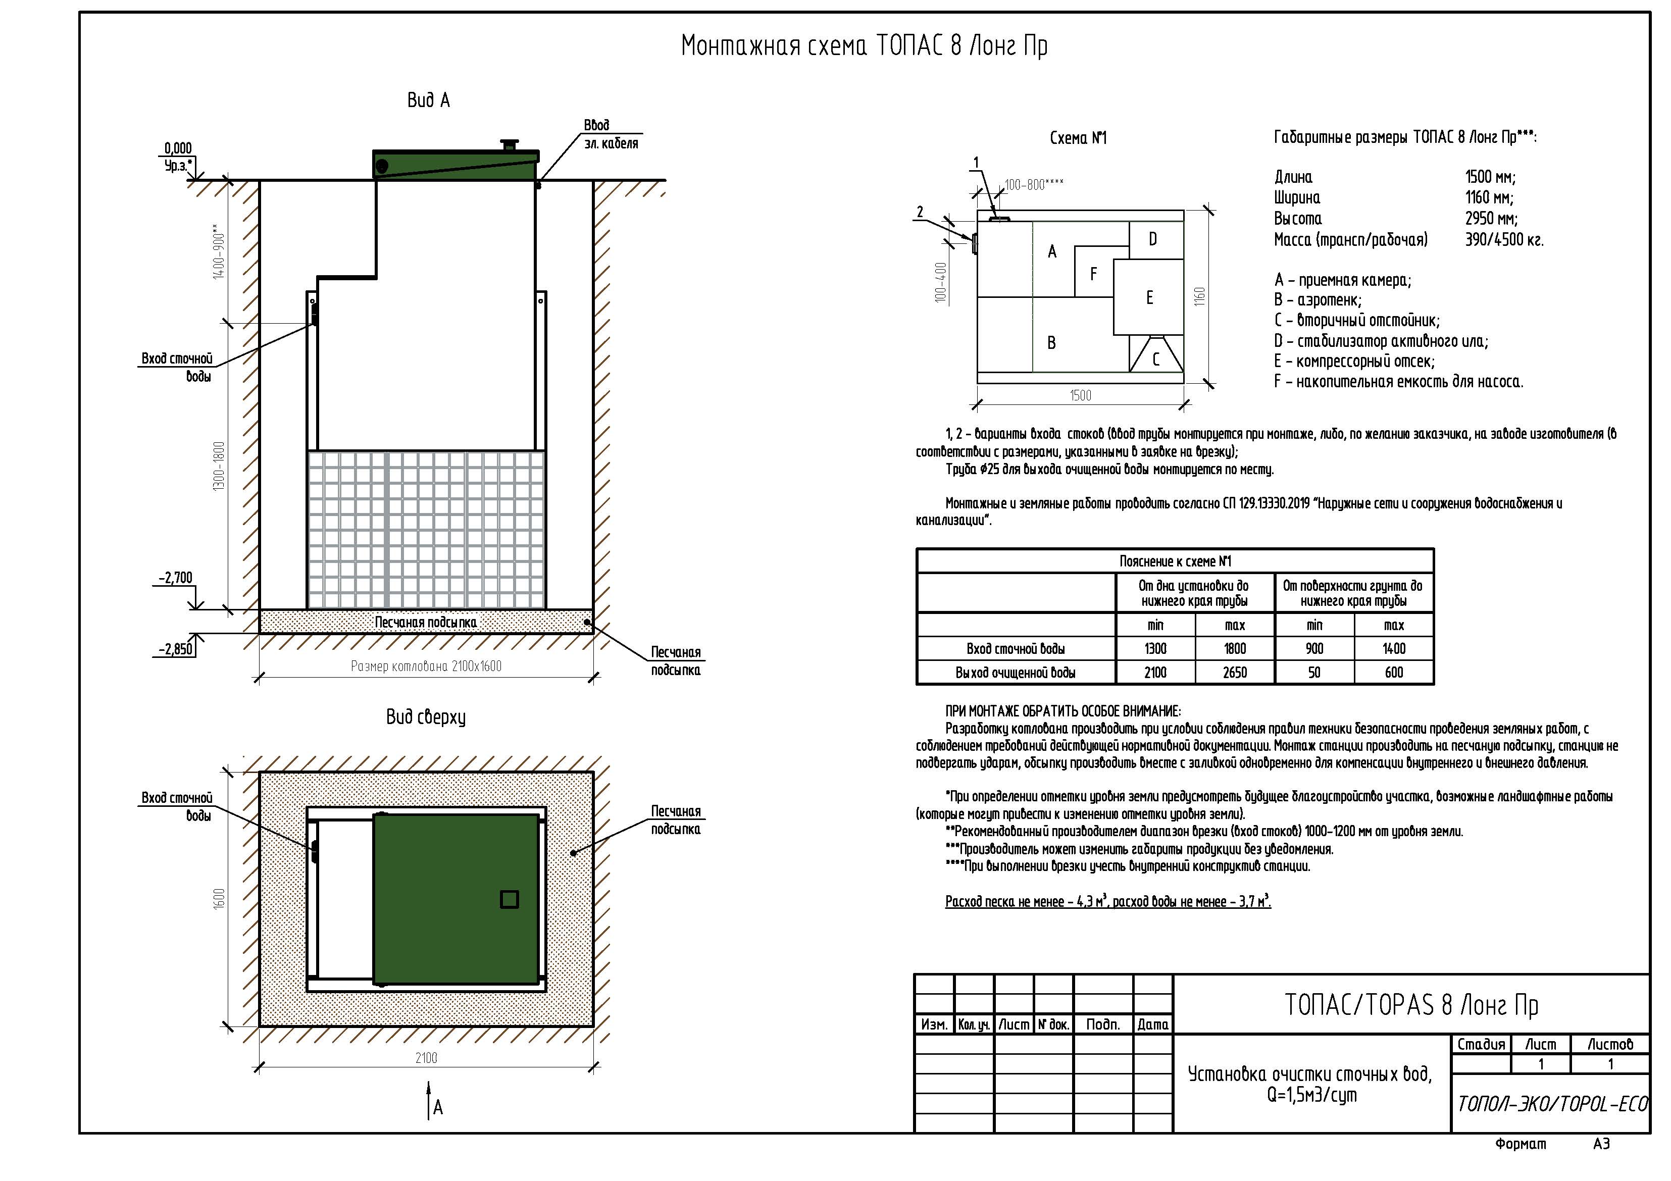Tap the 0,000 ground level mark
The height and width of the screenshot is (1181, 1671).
click(178, 148)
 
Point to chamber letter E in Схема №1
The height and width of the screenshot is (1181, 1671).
click(1149, 297)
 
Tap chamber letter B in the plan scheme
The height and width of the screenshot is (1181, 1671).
click(1051, 343)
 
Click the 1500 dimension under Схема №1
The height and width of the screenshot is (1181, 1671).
click(1080, 395)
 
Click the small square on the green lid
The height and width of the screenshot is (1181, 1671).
click(510, 899)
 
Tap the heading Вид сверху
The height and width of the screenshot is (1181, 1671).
click(426, 717)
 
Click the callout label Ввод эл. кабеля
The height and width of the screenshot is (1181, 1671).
click(611, 135)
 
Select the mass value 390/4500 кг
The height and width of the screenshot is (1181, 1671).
click(1504, 239)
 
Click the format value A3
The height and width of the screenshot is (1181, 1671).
click(1601, 1144)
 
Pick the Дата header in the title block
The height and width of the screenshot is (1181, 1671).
click(1153, 1024)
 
